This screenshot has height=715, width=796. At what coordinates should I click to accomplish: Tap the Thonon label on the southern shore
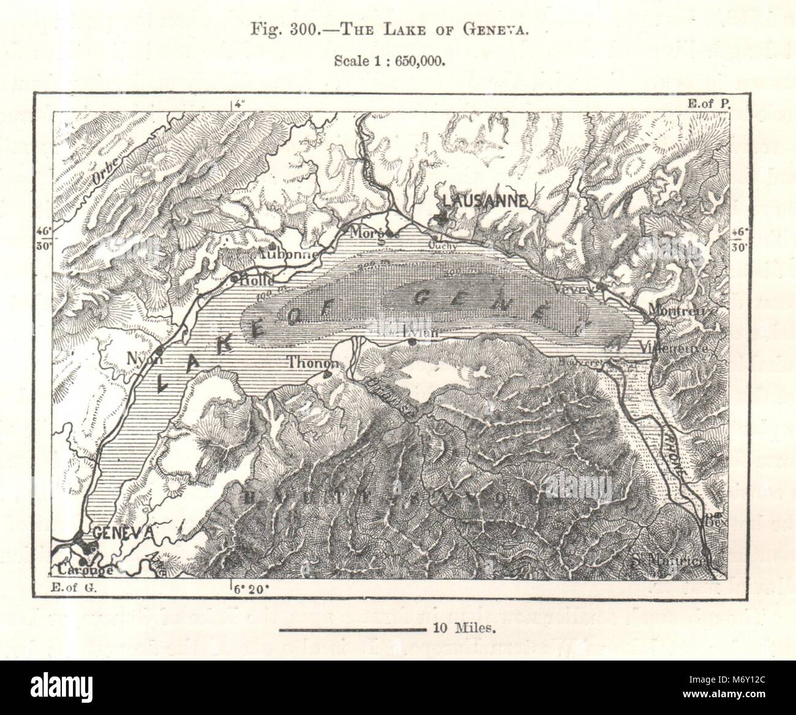click(x=312, y=362)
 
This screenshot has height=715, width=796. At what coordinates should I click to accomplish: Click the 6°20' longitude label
click(x=251, y=590)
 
